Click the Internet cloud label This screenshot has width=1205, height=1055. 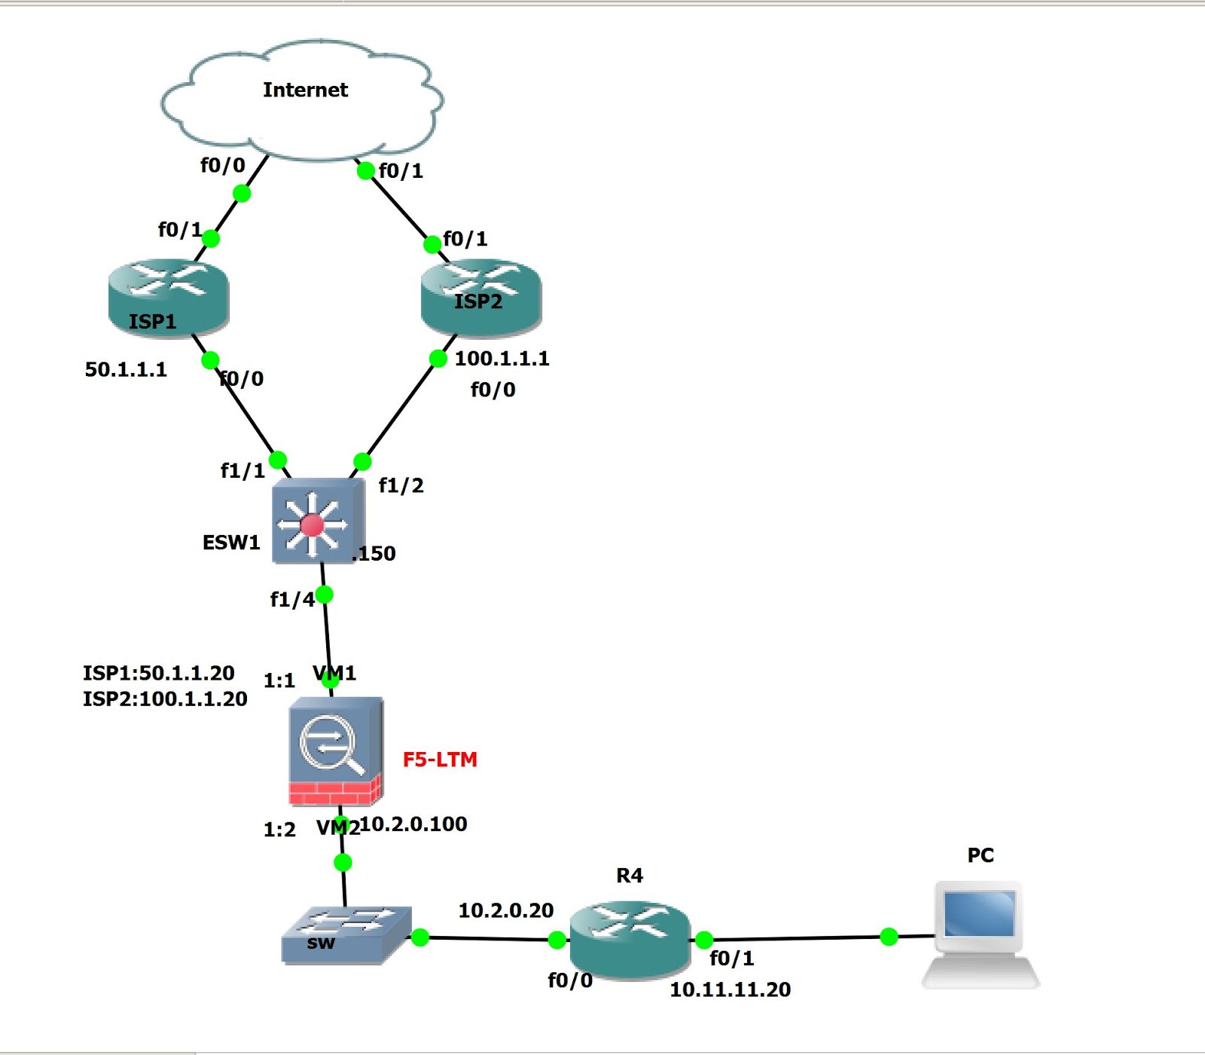click(305, 90)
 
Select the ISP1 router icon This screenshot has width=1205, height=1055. click(168, 295)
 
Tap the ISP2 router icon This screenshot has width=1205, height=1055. click(480, 295)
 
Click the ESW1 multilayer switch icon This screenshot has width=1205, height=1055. click(315, 522)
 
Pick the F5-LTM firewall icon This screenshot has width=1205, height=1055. click(335, 751)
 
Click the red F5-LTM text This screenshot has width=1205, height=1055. click(440, 760)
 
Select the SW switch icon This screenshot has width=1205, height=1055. click(346, 934)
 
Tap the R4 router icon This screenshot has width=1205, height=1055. click(630, 938)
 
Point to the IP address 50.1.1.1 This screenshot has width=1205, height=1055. click(126, 369)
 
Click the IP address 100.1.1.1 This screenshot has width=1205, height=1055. click(502, 359)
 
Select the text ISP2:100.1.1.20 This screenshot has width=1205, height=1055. click(165, 699)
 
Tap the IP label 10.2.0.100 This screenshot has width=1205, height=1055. click(413, 824)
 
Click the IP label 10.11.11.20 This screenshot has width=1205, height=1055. click(730, 989)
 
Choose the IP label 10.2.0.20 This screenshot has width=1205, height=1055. click(505, 910)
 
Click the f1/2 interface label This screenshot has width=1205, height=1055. click(401, 485)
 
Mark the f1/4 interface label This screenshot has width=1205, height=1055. click(292, 599)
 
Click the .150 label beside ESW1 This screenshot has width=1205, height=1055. click(374, 554)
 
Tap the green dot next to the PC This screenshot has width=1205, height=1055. click(889, 937)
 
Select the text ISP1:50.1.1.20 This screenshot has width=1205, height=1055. click(158, 673)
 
